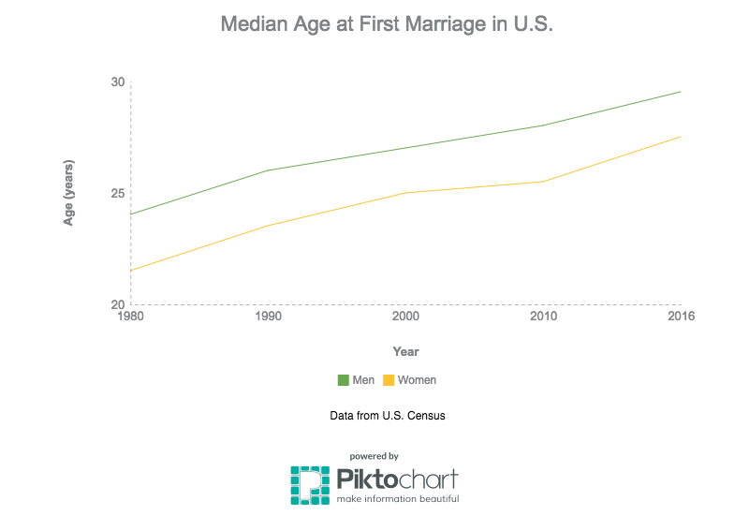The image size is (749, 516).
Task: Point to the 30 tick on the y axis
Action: pos(117,81)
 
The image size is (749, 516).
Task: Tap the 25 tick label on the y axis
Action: pos(117,193)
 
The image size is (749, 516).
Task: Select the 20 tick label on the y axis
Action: pos(117,304)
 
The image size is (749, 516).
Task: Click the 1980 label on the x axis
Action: pos(130,317)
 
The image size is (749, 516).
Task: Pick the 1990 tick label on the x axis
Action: pos(268,317)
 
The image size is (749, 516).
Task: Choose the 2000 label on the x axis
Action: pos(405,317)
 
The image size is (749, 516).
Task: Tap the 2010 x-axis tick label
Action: pos(543,317)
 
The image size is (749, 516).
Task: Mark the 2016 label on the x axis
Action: pos(681,317)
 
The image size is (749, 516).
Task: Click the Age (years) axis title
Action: pos(69,193)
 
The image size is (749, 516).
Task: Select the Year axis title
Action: pos(405,352)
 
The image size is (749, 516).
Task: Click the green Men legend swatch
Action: pos(343,380)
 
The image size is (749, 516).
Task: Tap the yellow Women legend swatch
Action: pos(389,380)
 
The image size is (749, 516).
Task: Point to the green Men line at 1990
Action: pos(268,170)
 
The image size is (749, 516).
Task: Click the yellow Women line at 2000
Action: pos(405,193)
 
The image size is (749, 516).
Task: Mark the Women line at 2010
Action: pos(543,182)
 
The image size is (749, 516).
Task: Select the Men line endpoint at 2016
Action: pos(681,92)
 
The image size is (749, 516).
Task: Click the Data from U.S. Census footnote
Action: pos(387,415)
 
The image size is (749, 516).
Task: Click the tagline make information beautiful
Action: pos(398,499)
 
